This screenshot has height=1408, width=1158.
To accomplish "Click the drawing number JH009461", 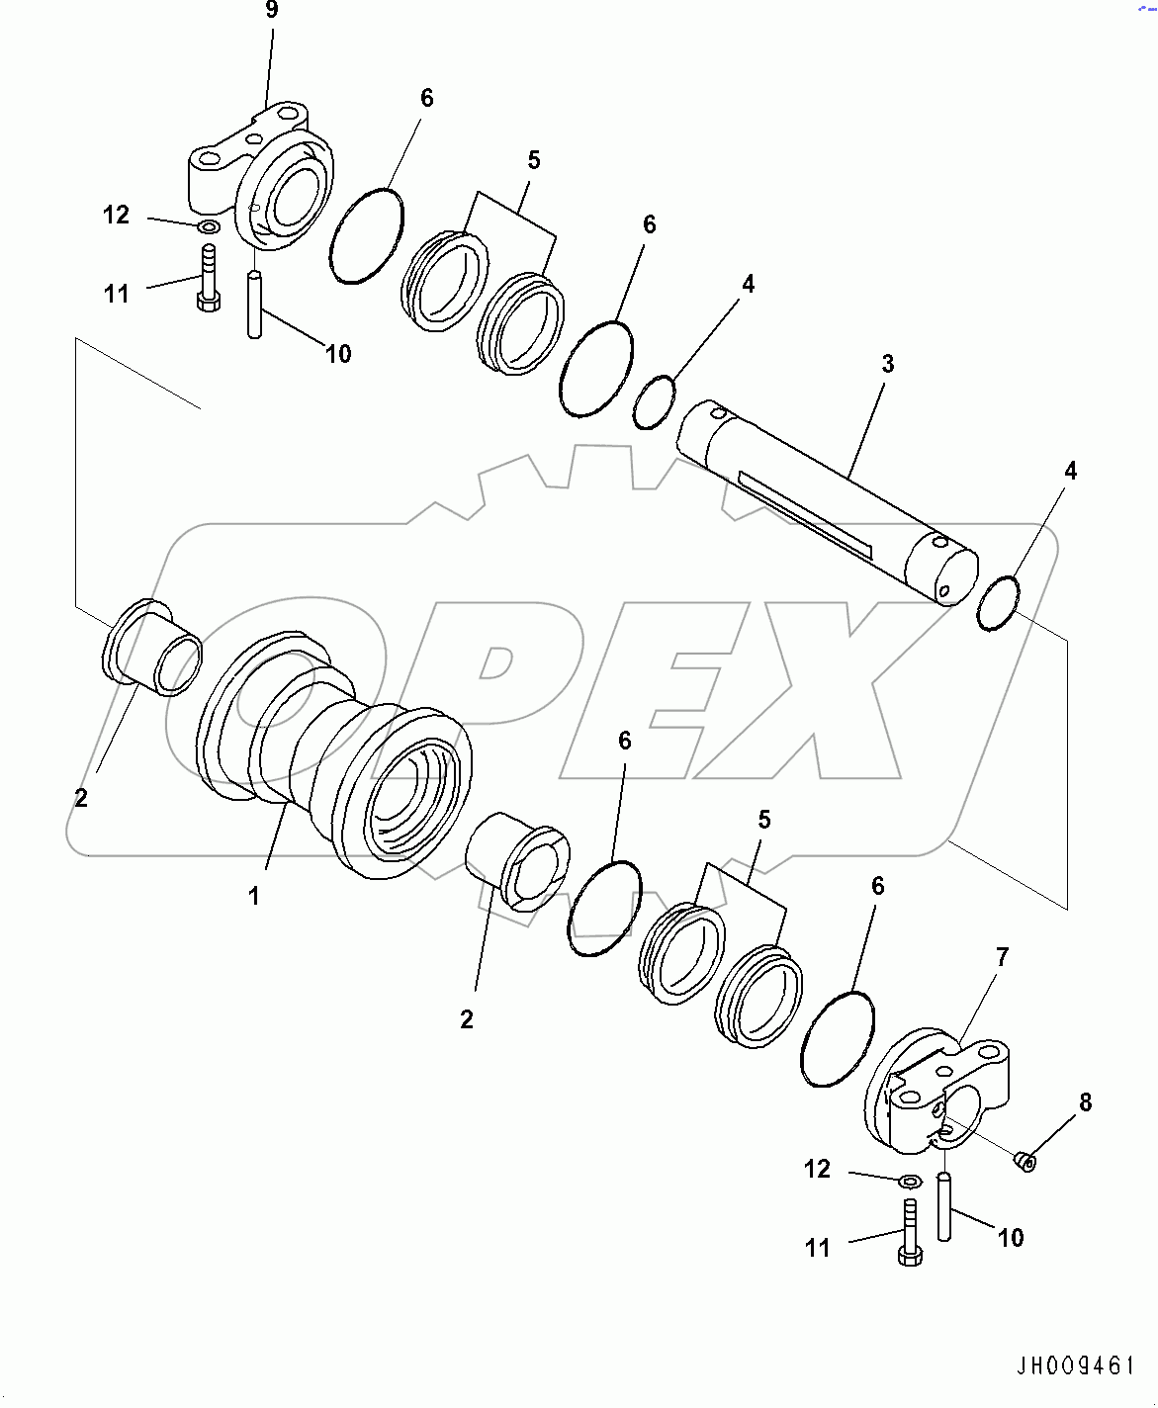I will [1076, 1366].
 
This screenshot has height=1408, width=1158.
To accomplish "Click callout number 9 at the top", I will [271, 11].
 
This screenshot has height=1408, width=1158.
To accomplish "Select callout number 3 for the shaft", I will [887, 364].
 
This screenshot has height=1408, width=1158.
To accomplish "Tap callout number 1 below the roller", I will [254, 896].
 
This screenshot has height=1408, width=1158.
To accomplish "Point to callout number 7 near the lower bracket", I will [1002, 957].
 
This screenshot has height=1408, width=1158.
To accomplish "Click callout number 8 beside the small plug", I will [1085, 1102].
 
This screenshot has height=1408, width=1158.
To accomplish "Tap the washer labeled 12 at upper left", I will [208, 228].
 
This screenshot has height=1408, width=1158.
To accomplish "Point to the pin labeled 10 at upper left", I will [254, 305].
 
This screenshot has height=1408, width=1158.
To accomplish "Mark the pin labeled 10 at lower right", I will [944, 1206].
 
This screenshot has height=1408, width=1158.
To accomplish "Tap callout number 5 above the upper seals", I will [534, 160].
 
